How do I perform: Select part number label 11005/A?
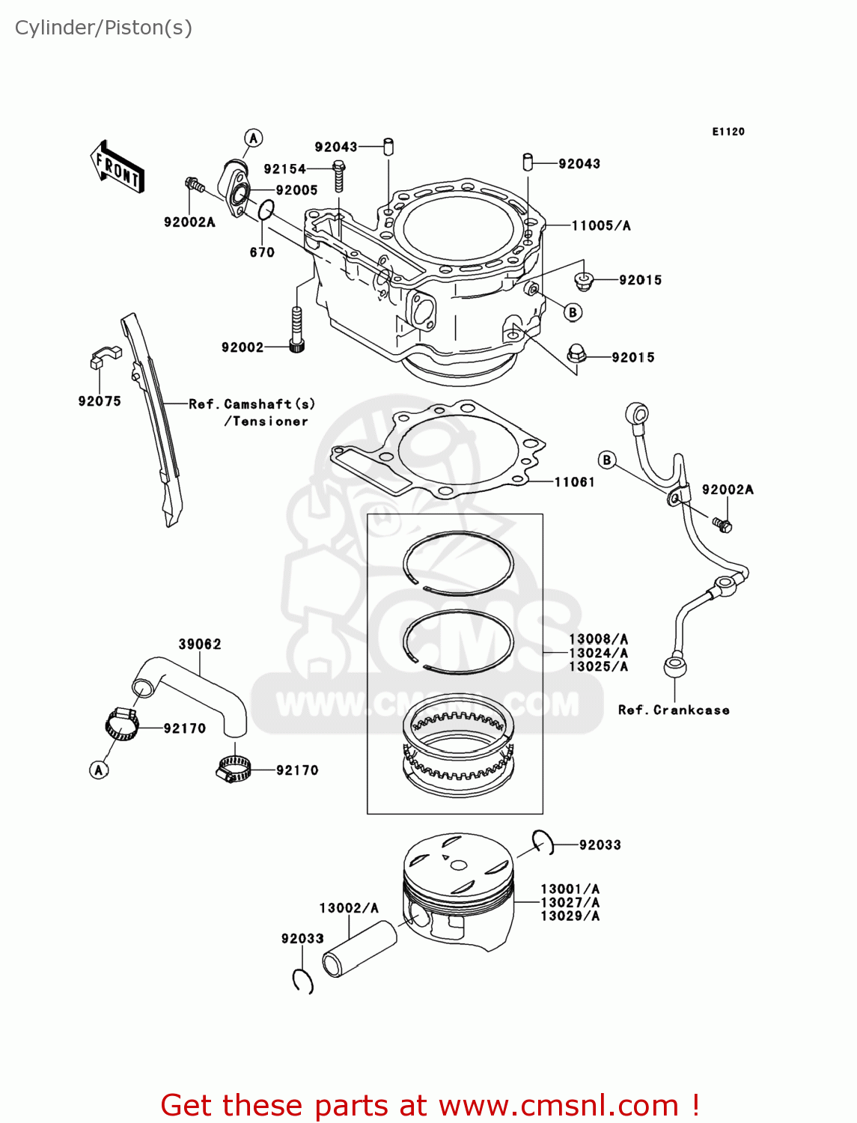pyautogui.click(x=601, y=225)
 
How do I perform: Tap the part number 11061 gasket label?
pyautogui.click(x=574, y=482)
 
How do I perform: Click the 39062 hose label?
pyautogui.click(x=200, y=644)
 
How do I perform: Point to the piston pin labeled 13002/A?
pyautogui.click(x=359, y=949)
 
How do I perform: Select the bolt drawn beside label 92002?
pyautogui.click(x=296, y=329)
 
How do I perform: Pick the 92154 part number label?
pyautogui.click(x=284, y=169)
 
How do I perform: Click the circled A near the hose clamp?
pyautogui.click(x=100, y=770)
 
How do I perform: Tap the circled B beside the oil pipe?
pyautogui.click(x=607, y=460)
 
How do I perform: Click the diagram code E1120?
pyautogui.click(x=728, y=132)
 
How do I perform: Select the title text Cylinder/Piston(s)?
pyautogui.click(x=103, y=28)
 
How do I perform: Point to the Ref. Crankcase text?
pyautogui.click(x=674, y=710)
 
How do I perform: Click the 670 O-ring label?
pyautogui.click(x=262, y=252)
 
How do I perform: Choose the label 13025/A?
pyautogui.click(x=598, y=666)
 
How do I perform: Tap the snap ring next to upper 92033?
pyautogui.click(x=544, y=842)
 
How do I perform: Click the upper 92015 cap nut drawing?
pyautogui.click(x=583, y=281)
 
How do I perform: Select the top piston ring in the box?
pyautogui.click(x=458, y=562)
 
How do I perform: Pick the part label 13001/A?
pyautogui.click(x=570, y=889)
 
